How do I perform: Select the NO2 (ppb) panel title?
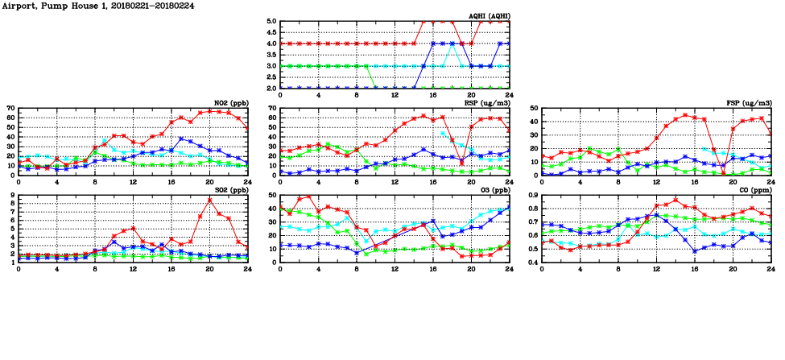[x=229, y=103]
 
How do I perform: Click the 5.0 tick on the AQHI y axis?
[x=271, y=22]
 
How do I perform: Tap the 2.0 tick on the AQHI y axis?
[x=271, y=88]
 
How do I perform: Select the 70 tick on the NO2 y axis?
[x=11, y=108]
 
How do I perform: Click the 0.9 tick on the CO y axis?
[x=532, y=196]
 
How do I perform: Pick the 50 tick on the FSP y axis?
[x=534, y=108]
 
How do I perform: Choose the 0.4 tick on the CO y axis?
[x=532, y=262]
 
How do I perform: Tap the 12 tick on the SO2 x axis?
[x=133, y=269]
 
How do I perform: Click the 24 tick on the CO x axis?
[x=771, y=269]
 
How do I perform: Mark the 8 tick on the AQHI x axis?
[x=357, y=95]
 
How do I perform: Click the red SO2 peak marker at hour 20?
[x=209, y=200]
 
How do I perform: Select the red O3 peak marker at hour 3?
[x=309, y=197]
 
